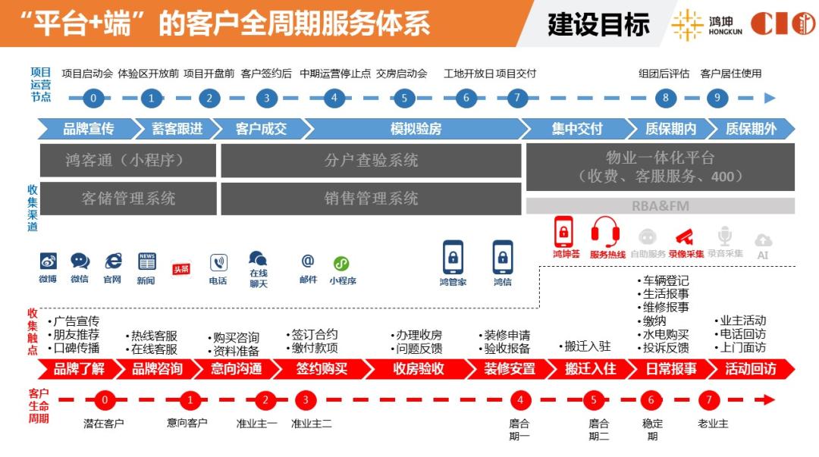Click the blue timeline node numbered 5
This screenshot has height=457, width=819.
[404, 98]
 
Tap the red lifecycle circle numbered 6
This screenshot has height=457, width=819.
[651, 399]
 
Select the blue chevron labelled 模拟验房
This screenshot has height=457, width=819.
[416, 129]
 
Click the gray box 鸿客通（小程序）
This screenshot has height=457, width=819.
[127, 161]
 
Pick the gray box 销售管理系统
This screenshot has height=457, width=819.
[371, 199]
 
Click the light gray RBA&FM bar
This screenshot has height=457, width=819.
[660, 205]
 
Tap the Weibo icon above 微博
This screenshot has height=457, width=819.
[48, 261]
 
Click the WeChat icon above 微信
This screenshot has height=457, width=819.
[80, 261]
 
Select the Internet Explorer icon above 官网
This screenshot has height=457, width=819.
[113, 261]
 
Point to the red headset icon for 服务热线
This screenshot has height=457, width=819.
[606, 232]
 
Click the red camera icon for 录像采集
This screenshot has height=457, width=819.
[685, 235]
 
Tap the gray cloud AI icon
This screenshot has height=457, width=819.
[763, 240]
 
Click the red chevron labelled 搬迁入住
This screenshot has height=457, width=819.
[590, 369]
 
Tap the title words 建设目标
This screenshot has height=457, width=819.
[598, 24]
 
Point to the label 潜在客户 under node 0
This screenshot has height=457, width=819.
[104, 423]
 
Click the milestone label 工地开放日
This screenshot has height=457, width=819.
[469, 74]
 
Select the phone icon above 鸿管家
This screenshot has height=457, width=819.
[453, 257]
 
